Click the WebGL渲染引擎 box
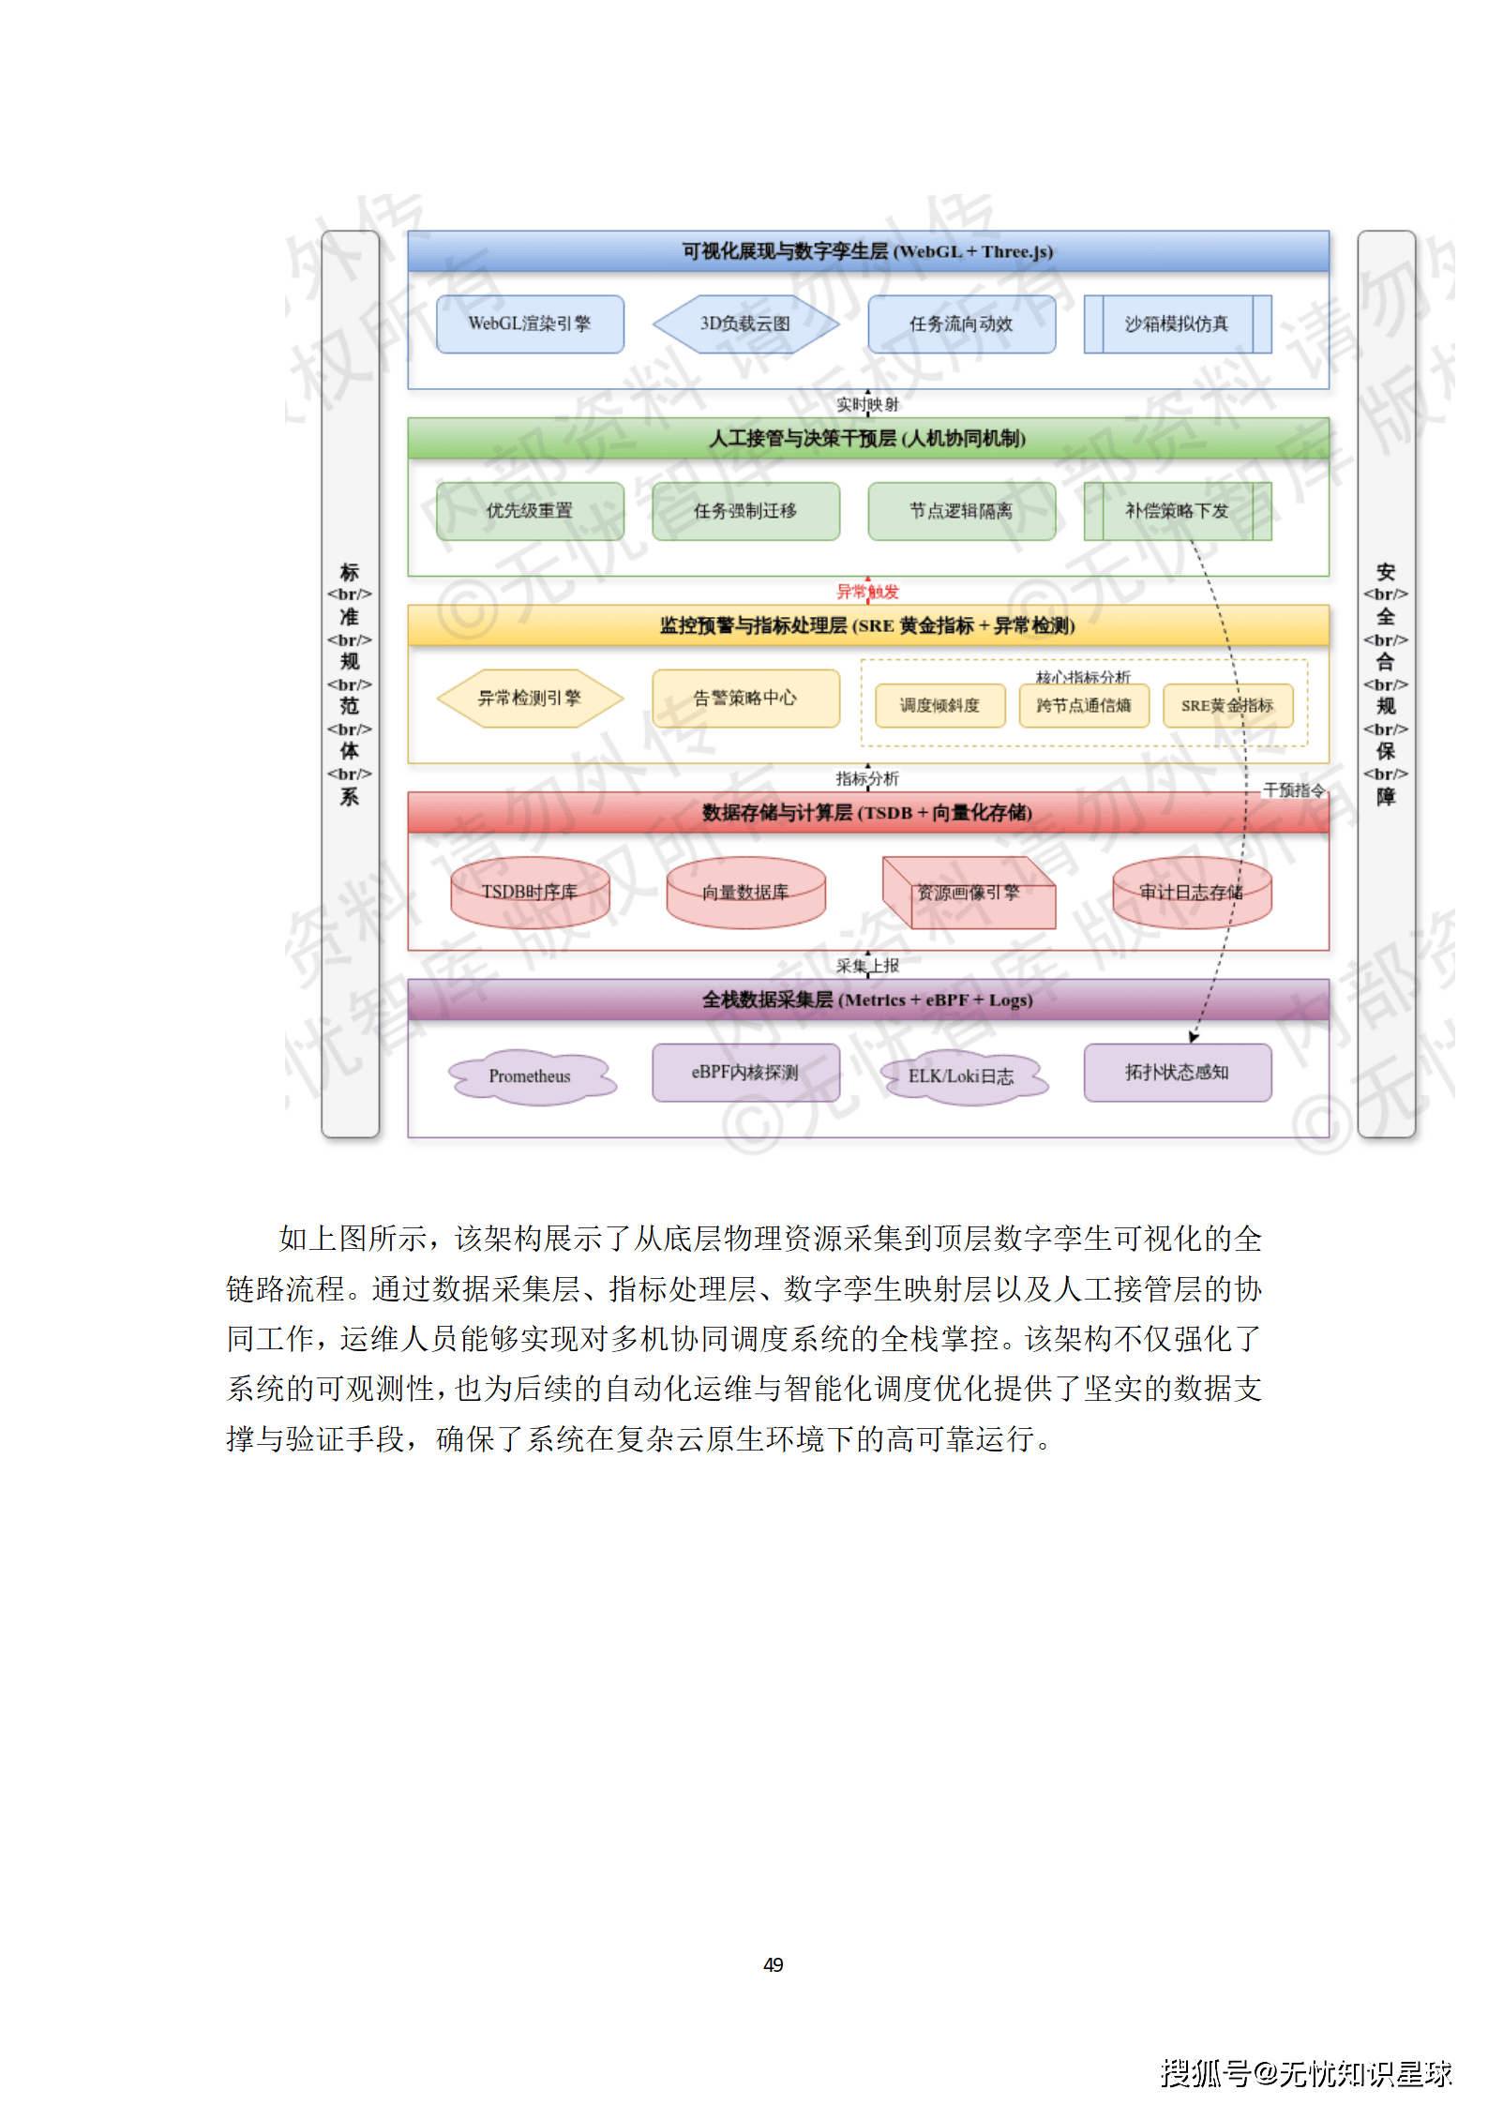pos(530,324)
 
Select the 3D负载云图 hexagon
pos(745,324)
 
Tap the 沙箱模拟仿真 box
pos(1177,324)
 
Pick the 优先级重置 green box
pos(530,511)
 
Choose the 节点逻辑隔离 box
pos(961,511)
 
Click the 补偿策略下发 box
pos(1177,511)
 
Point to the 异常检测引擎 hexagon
pos(530,698)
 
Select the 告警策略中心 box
pos(745,698)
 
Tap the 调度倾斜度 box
pos(939,705)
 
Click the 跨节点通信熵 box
pos(1084,705)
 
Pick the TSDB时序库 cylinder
pos(530,892)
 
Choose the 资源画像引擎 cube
pos(968,893)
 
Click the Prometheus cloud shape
pos(530,1076)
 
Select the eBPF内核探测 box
pos(745,1073)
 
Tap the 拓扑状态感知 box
pos(1177,1073)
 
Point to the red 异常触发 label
pos(867,592)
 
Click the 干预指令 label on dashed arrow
pos(1294,790)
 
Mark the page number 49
pos(774,1964)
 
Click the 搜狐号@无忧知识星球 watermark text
pos(1306,2073)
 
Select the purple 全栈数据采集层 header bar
pos(867,1000)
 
